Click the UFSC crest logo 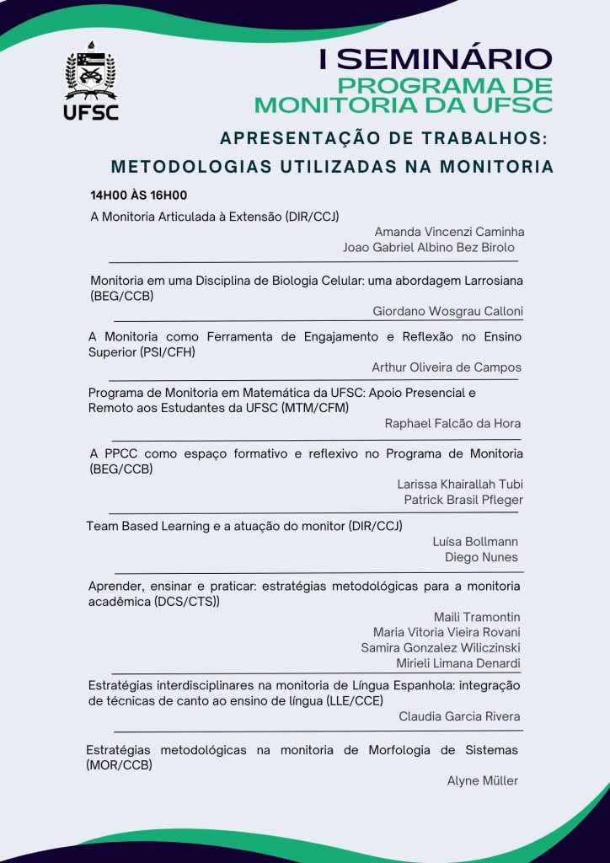(x=92, y=84)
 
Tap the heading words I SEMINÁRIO (x=436, y=59)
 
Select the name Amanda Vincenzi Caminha (x=450, y=232)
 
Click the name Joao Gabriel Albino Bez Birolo (x=429, y=248)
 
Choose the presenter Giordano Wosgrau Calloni (x=447, y=311)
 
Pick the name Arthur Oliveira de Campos (x=447, y=367)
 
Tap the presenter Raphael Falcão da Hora (x=453, y=424)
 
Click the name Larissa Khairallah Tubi (x=460, y=485)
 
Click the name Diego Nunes (x=481, y=557)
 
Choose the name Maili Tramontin (x=477, y=617)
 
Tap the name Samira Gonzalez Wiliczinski (x=441, y=647)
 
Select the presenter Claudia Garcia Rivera (x=459, y=716)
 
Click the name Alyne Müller (x=483, y=780)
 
